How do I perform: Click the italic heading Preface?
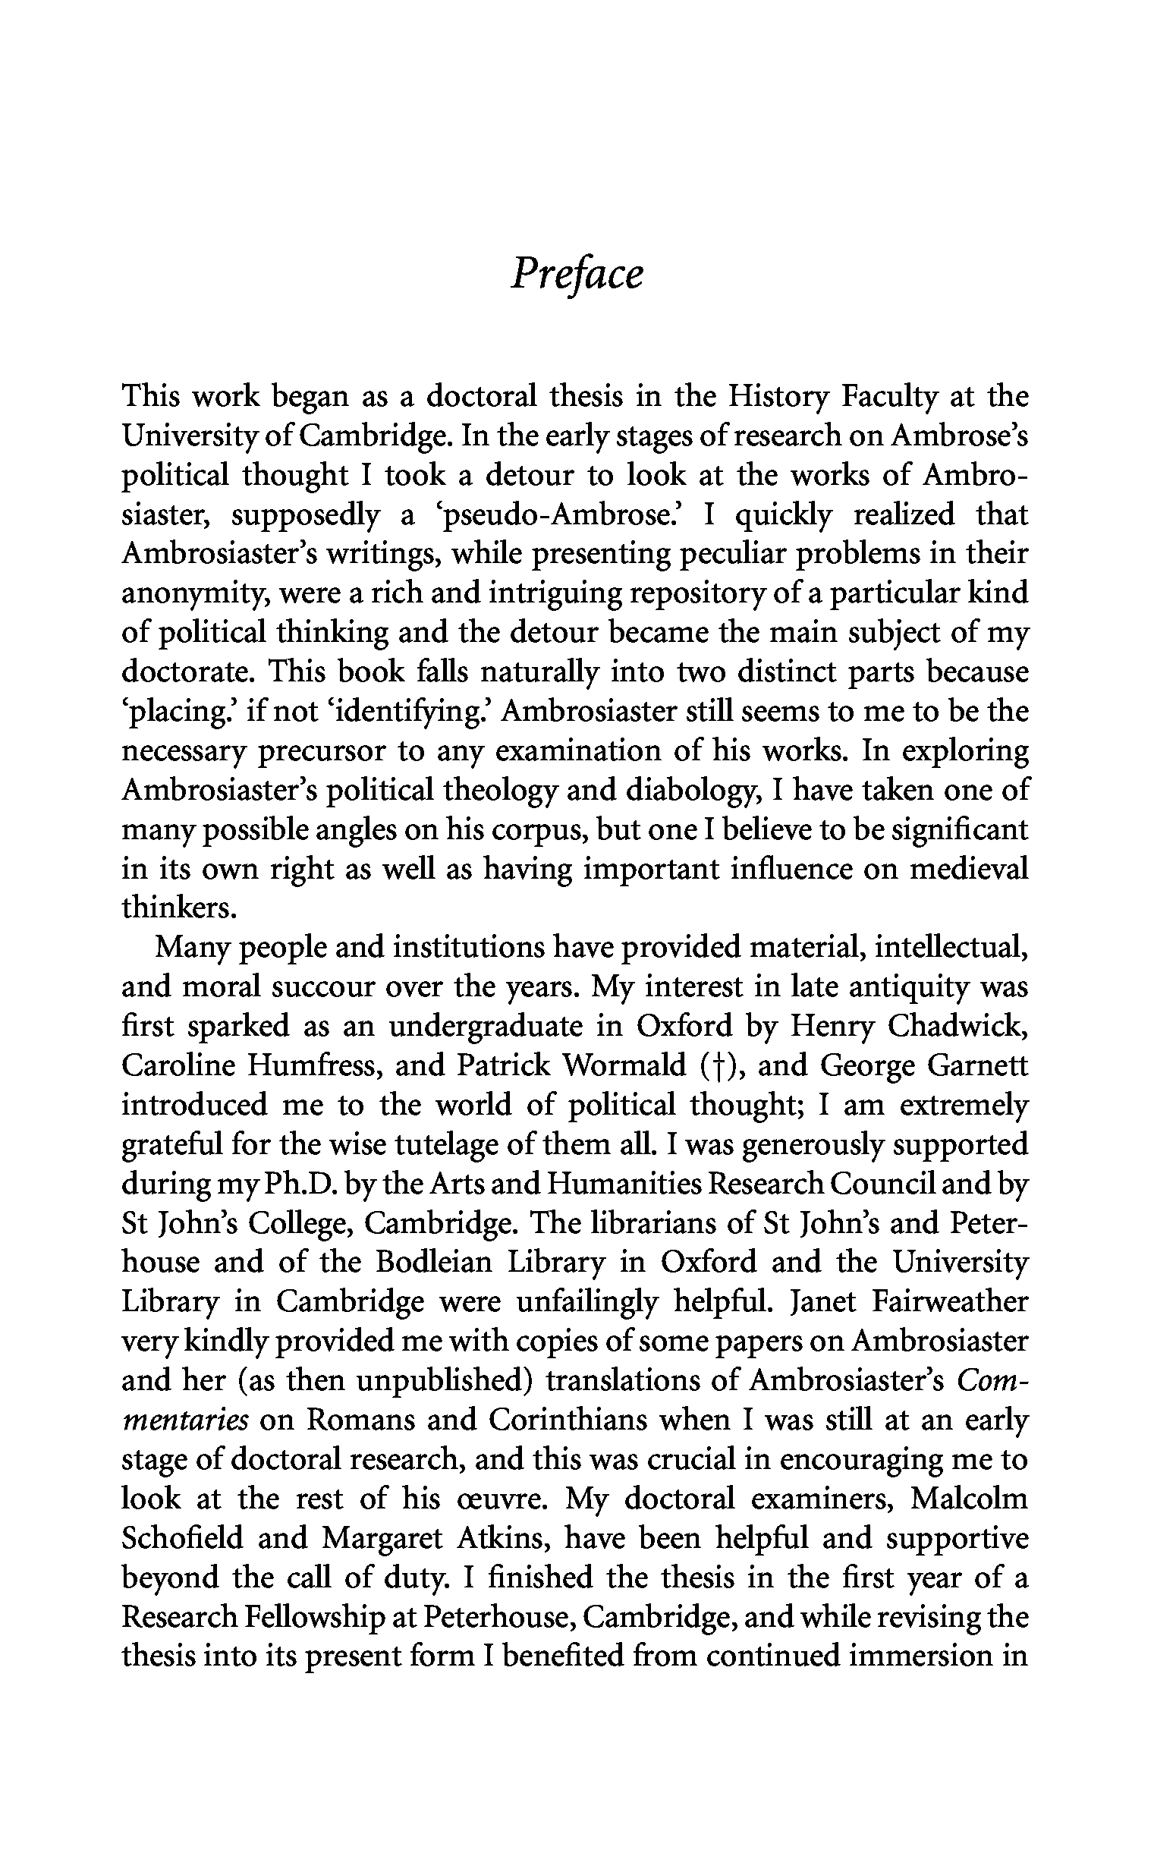[577, 275]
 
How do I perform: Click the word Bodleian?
[434, 1263]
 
